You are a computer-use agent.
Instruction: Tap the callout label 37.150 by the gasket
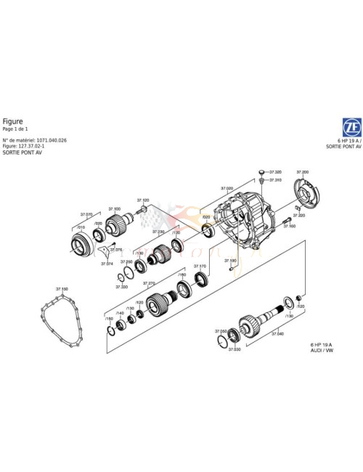(x=62, y=289)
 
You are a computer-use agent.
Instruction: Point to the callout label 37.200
(x=302, y=172)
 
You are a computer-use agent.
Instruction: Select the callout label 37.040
(x=277, y=333)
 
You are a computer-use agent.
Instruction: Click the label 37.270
(x=150, y=283)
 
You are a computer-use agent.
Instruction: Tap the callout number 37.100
(x=115, y=208)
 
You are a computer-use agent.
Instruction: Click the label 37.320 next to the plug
(x=275, y=172)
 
